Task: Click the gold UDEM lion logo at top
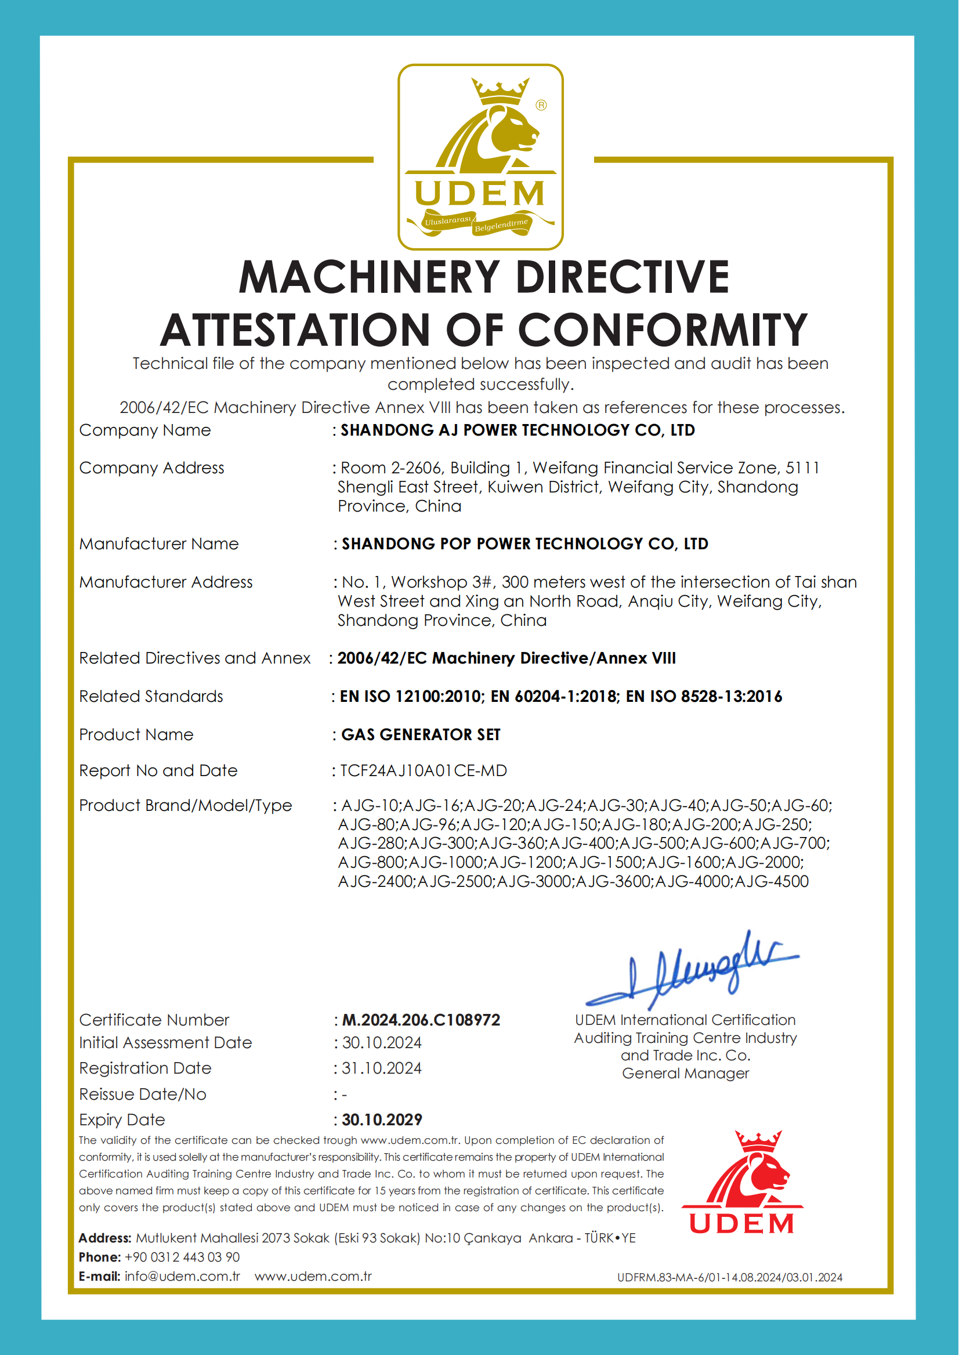coord(480,157)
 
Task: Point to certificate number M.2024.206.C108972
coord(421,1020)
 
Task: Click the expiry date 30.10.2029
coord(382,1119)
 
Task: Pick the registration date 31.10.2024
coord(382,1068)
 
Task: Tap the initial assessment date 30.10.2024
coord(382,1043)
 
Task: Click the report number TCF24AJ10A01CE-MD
coord(424,770)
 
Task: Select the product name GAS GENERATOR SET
coord(421,734)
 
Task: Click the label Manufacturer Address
coord(166,582)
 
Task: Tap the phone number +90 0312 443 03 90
coord(182,1257)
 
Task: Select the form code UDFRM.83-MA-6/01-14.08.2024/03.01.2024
coord(729,1278)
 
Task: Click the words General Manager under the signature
coord(685,1073)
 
